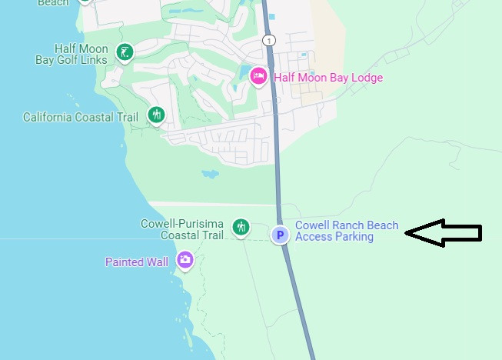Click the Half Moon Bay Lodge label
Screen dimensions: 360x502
click(x=328, y=78)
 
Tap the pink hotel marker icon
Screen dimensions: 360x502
click(x=259, y=75)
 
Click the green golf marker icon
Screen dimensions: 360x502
click(x=125, y=52)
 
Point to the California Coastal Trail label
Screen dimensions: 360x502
click(x=81, y=118)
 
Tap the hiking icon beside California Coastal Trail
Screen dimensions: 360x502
click(x=156, y=115)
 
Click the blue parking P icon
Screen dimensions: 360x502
click(x=281, y=235)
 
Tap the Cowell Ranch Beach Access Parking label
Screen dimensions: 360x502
click(x=347, y=232)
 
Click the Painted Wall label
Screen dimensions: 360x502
click(x=137, y=262)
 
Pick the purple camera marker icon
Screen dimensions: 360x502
click(x=185, y=260)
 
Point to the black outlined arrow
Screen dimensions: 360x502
click(x=443, y=232)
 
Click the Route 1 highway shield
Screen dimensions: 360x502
click(x=268, y=39)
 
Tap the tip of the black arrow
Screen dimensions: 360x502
click(x=407, y=232)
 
